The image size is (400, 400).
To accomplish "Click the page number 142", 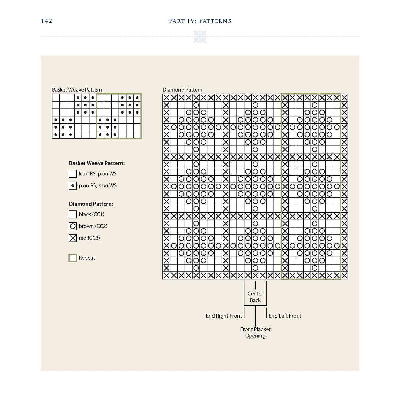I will (x=47, y=21).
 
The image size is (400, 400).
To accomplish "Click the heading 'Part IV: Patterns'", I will (x=200, y=21).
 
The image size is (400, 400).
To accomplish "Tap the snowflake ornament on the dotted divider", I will (x=200, y=36).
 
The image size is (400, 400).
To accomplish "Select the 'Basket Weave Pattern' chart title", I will (x=77, y=90).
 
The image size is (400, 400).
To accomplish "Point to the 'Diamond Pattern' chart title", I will (x=182, y=90).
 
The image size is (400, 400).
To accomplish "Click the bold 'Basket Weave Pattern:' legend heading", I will (x=97, y=163).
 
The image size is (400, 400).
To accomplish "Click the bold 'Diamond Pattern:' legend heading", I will (x=91, y=204).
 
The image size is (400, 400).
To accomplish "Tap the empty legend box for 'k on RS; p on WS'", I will (x=73, y=174).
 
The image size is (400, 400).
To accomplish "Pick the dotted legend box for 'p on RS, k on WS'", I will (x=73, y=186).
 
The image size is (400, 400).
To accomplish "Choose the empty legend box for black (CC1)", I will (x=73, y=214).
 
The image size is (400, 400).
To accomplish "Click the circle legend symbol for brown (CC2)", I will (x=73, y=226).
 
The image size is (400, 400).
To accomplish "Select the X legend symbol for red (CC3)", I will (x=73, y=238).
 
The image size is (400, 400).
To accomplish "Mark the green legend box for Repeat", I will (x=73, y=258).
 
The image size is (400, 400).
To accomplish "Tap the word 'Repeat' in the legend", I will (x=87, y=258).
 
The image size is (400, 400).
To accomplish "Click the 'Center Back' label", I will (x=255, y=297).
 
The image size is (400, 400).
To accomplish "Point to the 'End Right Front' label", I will (x=224, y=316).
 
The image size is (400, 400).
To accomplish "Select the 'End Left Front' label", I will (x=285, y=316).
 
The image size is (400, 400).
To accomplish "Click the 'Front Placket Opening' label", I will (x=255, y=332).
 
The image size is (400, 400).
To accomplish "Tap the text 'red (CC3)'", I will (x=89, y=238).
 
